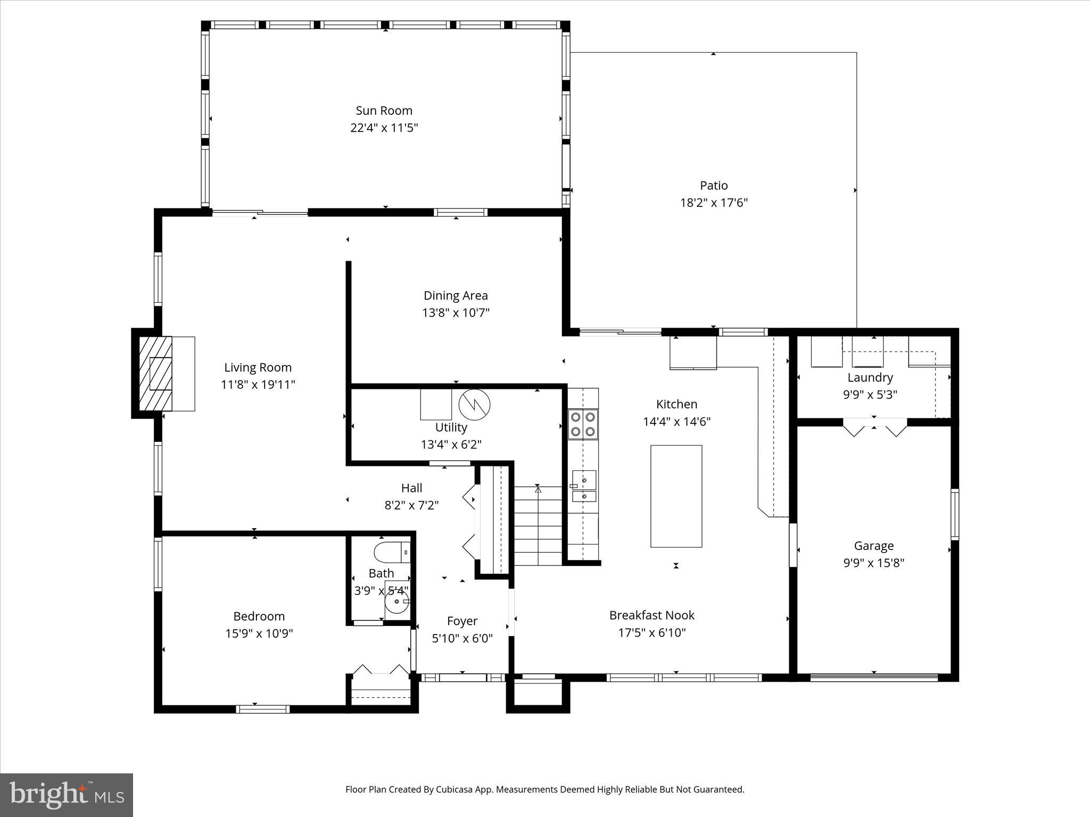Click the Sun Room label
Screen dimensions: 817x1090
[384, 111]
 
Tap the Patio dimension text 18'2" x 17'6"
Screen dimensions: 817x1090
[714, 203]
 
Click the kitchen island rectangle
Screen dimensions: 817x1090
[676, 496]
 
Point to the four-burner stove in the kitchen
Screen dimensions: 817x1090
[583, 424]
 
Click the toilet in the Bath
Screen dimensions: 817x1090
[392, 553]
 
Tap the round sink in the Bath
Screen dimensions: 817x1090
[397, 602]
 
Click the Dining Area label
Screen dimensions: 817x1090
[456, 296]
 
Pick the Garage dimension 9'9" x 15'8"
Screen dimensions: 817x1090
[873, 563]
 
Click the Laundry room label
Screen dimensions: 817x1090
[870, 378]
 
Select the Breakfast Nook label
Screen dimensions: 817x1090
[651, 615]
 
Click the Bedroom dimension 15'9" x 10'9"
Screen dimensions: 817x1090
[259, 633]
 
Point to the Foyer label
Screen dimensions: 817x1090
[462, 621]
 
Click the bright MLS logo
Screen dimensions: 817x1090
[67, 795]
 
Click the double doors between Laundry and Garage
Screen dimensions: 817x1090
[874, 427]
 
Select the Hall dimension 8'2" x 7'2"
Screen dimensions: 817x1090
[411, 505]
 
